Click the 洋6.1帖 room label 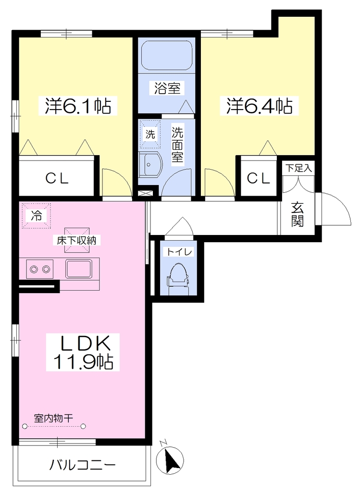click(78, 106)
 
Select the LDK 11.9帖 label click(83, 352)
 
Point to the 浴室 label click(167, 88)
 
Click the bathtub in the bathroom click(167, 55)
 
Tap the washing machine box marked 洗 click(150, 134)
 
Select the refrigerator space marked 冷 click(36, 215)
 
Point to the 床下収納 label click(76, 240)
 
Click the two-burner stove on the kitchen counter click(40, 269)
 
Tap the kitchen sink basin click(79, 269)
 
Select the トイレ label click(179, 252)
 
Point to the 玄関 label click(297, 215)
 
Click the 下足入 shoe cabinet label click(298, 168)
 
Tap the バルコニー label click(83, 465)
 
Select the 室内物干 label click(53, 418)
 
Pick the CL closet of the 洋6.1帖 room click(57, 178)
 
